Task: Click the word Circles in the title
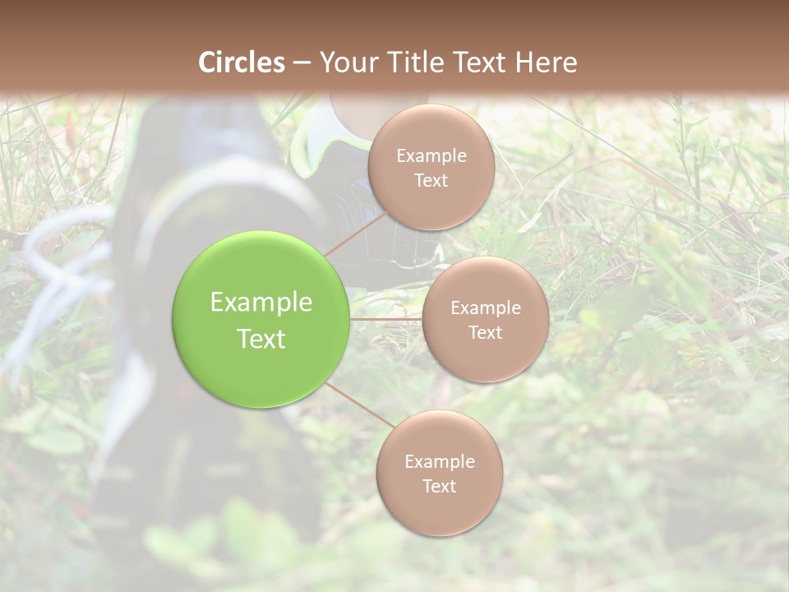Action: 242,62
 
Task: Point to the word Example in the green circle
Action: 261,303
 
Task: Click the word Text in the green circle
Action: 261,339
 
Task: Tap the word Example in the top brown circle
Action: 431,156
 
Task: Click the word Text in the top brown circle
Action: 431,181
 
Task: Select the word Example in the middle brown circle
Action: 486,308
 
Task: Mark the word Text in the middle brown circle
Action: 485,333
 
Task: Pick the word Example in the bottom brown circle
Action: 440,462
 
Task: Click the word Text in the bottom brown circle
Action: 439,487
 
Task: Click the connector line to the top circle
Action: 353,234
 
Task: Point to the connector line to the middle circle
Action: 386,319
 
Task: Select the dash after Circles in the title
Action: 302,62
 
